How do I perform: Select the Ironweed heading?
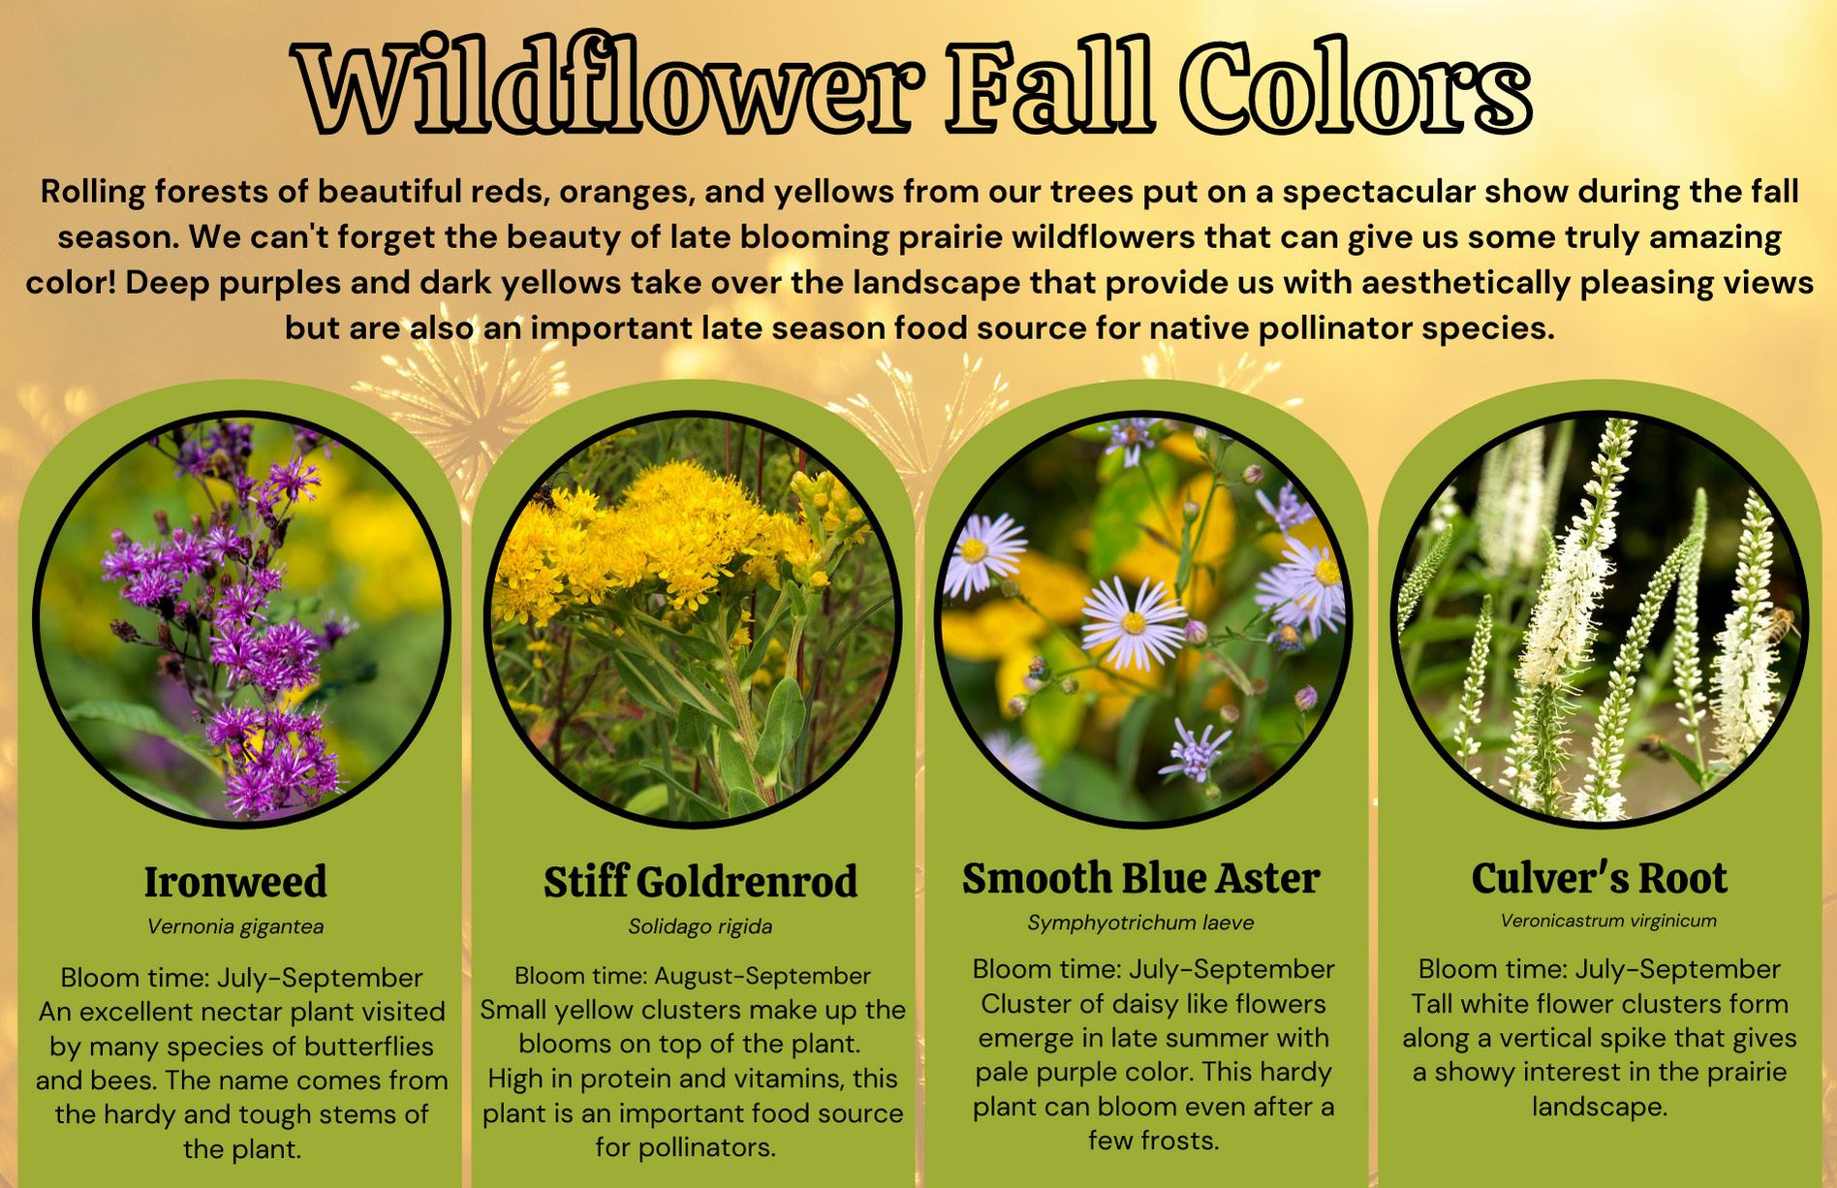click(235, 882)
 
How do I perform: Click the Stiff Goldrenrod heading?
click(701, 882)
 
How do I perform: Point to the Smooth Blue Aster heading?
click(1141, 878)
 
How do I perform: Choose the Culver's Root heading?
click(1600, 878)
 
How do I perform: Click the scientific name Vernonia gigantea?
click(235, 926)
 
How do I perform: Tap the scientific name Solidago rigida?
click(701, 926)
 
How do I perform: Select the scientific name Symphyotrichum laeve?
click(1141, 922)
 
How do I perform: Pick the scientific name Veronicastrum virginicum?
click(1608, 921)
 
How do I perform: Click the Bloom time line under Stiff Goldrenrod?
click(693, 975)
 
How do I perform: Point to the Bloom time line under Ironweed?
click(241, 977)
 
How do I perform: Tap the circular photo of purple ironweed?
click(241, 620)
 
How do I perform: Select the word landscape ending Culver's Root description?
click(1600, 1107)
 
